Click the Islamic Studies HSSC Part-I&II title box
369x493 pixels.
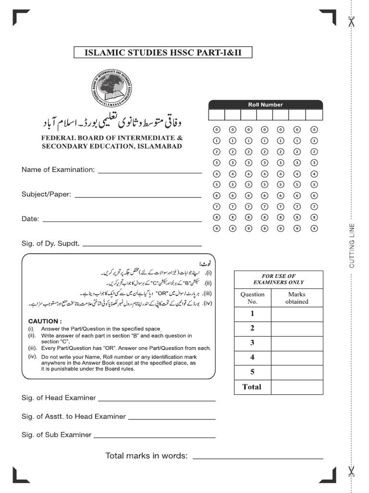coord(163,52)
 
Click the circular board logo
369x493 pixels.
coord(113,88)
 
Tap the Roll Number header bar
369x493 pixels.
coord(265,104)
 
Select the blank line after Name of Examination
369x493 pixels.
coord(149,172)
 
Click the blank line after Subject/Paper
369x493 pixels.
coord(138,196)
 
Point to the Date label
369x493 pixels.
coord(30,219)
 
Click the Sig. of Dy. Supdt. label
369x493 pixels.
coord(50,244)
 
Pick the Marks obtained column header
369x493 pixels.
coord(296,298)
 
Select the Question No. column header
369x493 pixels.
coord(252,298)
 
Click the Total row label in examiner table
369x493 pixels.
coord(252,387)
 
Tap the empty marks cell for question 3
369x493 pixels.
coord(296,343)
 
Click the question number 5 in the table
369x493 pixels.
coord(252,372)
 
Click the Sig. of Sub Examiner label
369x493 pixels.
coord(56,435)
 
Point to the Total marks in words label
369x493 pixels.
coord(147,456)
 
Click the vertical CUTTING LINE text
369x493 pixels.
coord(352,246)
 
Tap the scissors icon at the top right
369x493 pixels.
coord(351,22)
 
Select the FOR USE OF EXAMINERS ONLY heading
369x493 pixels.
coord(278,279)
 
